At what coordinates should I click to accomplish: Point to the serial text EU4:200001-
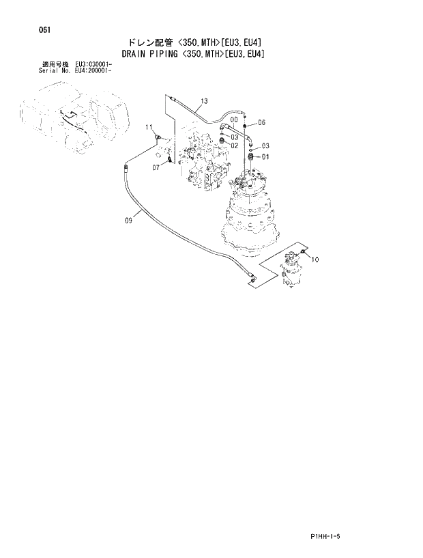click(93, 70)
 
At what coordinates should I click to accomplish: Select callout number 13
click(203, 102)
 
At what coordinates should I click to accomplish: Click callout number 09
click(128, 219)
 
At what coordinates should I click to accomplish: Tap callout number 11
click(148, 128)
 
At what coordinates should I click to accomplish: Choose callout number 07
click(156, 167)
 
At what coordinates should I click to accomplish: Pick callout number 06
click(261, 122)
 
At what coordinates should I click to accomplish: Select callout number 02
click(234, 145)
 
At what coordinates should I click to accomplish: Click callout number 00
click(234, 120)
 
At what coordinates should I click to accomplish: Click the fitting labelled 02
click(221, 142)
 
